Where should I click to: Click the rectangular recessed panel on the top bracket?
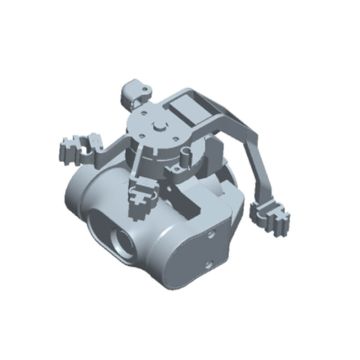[190, 103]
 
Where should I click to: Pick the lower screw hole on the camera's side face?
[204, 268]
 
